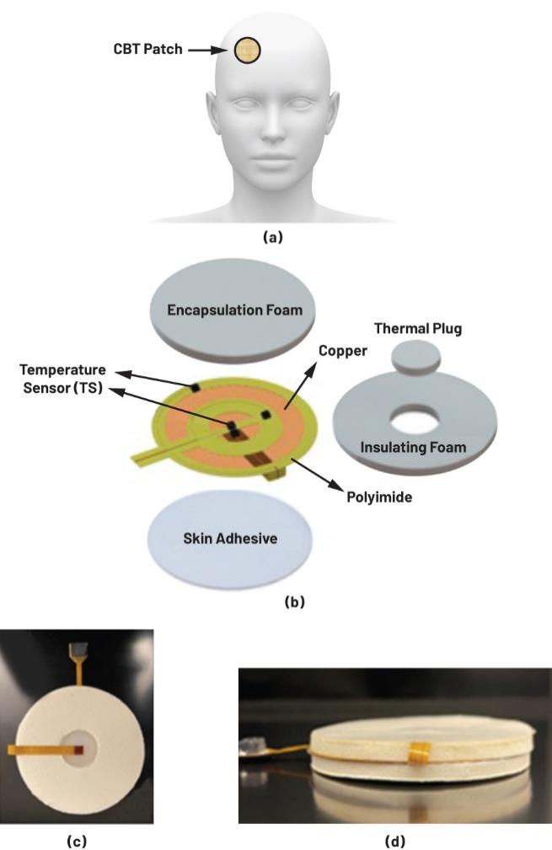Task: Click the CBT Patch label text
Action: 148,50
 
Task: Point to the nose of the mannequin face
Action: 276,126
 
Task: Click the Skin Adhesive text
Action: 229,539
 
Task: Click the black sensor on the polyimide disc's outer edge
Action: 195,387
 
